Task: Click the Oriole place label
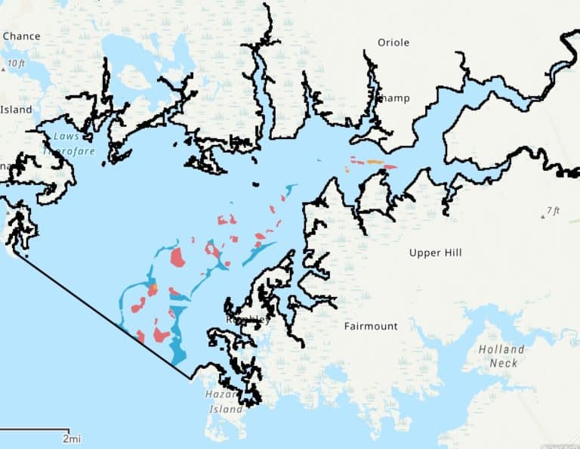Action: [x=393, y=42]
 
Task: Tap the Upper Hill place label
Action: [x=435, y=252]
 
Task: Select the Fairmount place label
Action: [x=370, y=327]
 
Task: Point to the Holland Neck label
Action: [x=501, y=356]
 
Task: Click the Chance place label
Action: [x=21, y=36]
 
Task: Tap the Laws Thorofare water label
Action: [x=74, y=144]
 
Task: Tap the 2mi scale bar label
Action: [x=72, y=438]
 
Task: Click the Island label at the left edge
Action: [x=16, y=110]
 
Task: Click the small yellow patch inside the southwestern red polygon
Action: [x=153, y=288]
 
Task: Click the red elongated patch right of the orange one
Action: [x=390, y=167]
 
